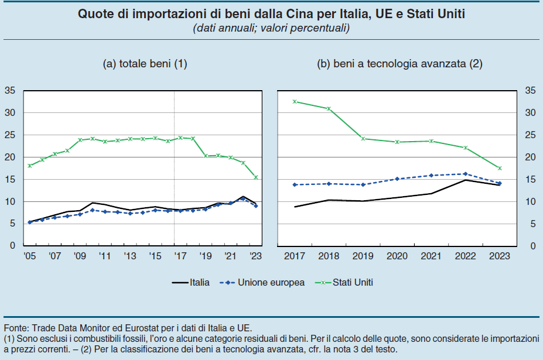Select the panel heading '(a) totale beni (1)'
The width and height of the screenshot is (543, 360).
145,64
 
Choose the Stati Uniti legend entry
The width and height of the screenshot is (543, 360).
353,282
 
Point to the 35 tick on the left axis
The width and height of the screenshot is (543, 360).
10,91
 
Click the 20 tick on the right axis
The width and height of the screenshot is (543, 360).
530,157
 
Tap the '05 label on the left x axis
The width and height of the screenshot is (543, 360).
29,256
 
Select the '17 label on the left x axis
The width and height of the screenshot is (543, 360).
180,256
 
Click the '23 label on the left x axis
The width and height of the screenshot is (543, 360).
255,256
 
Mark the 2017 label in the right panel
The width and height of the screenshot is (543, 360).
295,256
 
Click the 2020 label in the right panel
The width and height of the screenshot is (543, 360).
397,256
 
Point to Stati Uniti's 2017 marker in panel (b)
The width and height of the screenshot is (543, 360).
295,102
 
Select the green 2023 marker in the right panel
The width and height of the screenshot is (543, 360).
500,169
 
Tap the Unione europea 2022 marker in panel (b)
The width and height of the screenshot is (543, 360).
466,174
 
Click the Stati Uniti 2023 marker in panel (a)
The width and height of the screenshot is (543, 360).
255,177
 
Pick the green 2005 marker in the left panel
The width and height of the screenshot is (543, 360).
29,166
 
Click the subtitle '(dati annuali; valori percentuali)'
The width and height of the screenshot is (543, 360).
271,28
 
